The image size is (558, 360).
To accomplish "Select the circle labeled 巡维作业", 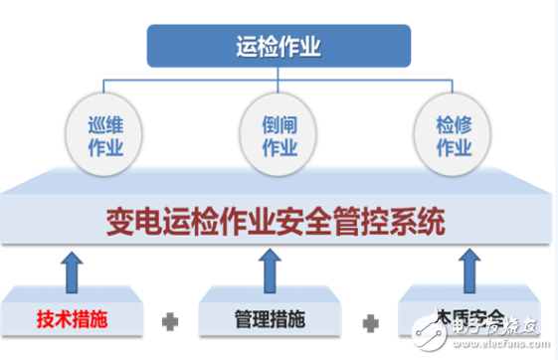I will tap(100, 138).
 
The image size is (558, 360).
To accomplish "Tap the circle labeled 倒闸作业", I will tap(279, 138).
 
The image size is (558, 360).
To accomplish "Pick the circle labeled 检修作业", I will tap(453, 138).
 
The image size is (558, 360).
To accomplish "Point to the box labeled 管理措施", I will tap(265, 321).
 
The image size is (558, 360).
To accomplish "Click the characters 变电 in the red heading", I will tap(132, 220).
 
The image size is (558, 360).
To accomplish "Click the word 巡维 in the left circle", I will tap(100, 127).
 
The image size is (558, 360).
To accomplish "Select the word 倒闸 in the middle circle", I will tap(279, 127).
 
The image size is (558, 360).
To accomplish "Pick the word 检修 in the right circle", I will tap(453, 127).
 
